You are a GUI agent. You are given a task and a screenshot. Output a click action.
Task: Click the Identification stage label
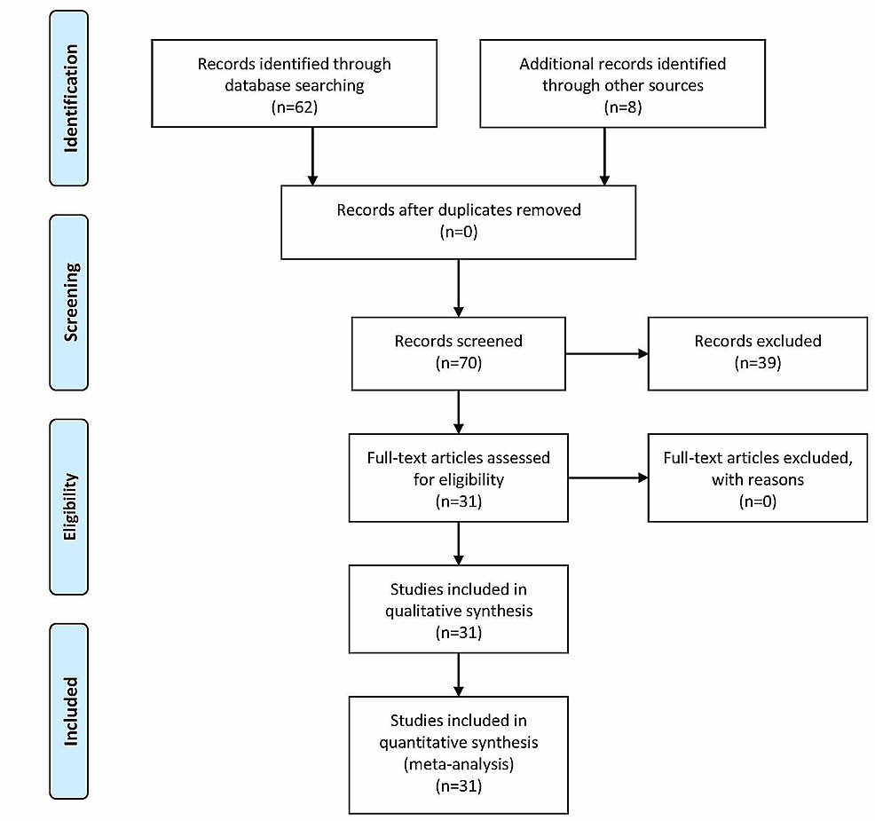[x=69, y=98]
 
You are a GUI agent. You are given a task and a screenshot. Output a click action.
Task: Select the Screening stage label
[x=69, y=302]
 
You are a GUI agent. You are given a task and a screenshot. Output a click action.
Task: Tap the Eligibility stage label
[x=69, y=507]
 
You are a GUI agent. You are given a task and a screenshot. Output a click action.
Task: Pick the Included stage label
[x=69, y=711]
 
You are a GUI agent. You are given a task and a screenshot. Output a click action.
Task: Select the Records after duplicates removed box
[x=458, y=222]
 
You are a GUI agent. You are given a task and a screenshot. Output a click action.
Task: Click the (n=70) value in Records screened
[x=458, y=362]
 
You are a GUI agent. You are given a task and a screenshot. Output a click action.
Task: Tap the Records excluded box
[x=757, y=351]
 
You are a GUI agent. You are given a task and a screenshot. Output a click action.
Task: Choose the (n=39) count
[x=757, y=362]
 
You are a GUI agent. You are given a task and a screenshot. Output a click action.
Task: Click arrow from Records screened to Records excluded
[x=607, y=353]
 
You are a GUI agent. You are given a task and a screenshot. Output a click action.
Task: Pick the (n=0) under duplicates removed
[x=458, y=233]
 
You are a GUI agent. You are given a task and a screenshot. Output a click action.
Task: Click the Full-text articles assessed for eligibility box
[x=458, y=478]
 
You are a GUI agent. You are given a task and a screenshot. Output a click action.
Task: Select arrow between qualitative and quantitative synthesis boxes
[x=458, y=674]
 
